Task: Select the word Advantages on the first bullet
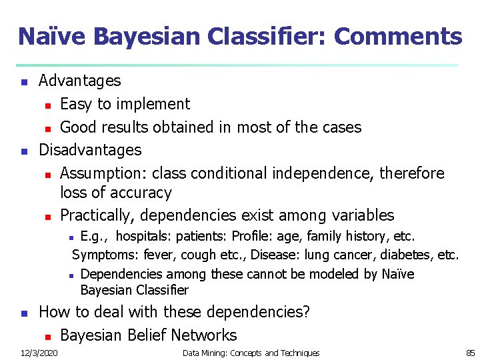80,81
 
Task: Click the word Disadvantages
90,150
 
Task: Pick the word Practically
98,215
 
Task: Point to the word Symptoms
101,255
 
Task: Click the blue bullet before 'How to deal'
24,313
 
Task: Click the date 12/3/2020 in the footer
39,353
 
